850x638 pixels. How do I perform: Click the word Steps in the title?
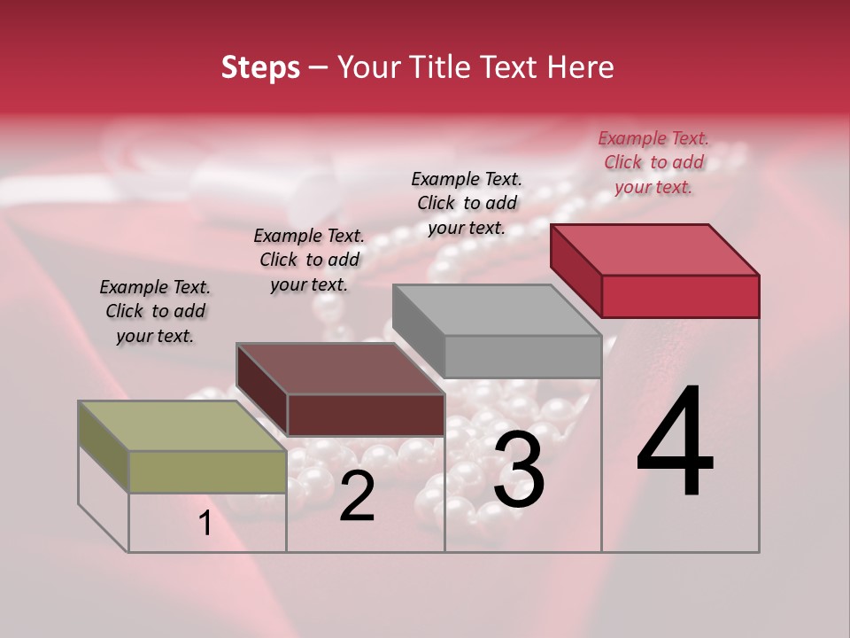pos(260,68)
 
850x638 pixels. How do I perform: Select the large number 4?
pos(675,443)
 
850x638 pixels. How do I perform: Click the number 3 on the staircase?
pos(519,470)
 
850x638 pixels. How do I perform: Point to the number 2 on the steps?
pos(357,496)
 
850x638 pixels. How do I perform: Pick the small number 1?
pos(205,524)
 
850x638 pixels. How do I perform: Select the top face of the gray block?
pos(496,310)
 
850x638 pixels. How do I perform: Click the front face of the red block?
pos(680,296)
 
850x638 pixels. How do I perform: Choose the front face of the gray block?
pos(522,357)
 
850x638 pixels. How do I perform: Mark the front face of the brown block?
pos(366,415)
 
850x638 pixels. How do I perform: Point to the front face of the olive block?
pos(208,471)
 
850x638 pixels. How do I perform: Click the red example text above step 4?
pos(653,162)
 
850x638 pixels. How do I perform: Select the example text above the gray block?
pos(467,203)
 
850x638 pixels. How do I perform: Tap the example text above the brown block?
pos(309,260)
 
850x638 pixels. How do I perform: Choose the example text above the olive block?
pos(155,311)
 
